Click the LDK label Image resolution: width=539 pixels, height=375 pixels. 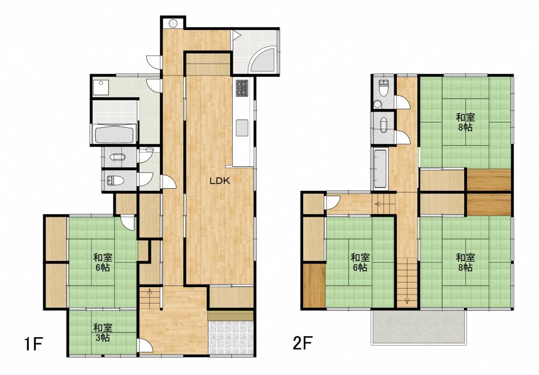(220, 181)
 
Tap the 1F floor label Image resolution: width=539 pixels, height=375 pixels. (33, 344)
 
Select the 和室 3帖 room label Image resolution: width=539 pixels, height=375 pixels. (103, 332)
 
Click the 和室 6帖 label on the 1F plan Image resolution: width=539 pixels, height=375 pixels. (103, 262)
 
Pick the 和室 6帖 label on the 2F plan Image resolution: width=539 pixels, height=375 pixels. (360, 262)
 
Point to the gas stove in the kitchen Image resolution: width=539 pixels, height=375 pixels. (242, 87)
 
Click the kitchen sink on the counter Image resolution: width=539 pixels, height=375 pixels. (242, 128)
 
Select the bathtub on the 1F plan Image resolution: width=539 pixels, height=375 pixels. (114, 135)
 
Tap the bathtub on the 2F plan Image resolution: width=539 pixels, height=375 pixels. (380, 169)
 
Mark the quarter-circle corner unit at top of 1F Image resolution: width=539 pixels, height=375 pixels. (262, 60)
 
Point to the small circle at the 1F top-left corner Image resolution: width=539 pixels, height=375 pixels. (173, 23)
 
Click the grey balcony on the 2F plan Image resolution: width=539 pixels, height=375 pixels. (418, 326)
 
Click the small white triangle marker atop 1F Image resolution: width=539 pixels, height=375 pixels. (236, 34)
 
